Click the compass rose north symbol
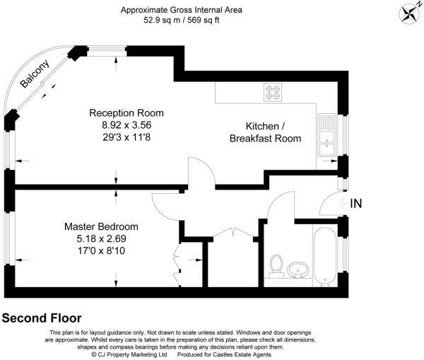tap(409, 14)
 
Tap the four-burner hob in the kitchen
tap(273, 93)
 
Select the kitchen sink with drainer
tap(327, 135)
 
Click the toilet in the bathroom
tap(276, 266)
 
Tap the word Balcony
tap(35, 74)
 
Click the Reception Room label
tap(126, 113)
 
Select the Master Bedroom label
tap(101, 226)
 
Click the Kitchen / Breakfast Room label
tap(265, 132)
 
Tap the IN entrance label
tap(356, 204)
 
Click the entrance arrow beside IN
tap(343, 204)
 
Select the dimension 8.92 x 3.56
tap(126, 125)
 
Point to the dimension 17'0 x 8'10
tap(101, 250)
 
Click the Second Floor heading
tap(42, 318)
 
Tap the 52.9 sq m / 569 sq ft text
tap(182, 20)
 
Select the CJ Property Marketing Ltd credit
tap(129, 354)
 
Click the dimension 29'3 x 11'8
tap(126, 137)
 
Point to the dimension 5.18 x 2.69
tap(101, 239)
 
